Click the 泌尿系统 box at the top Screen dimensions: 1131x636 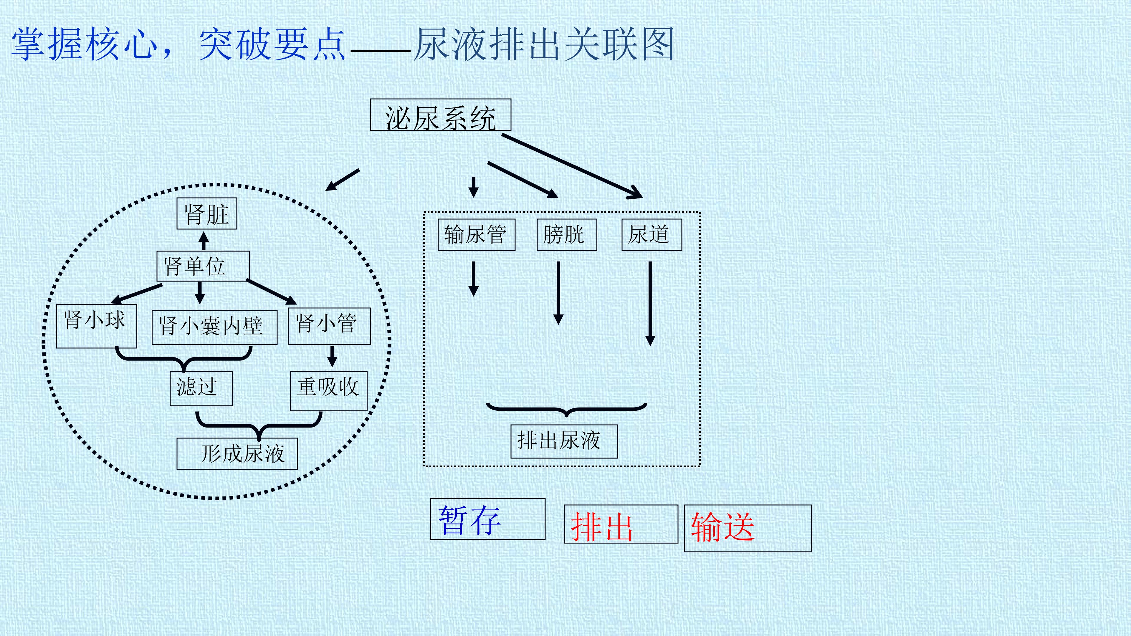pos(440,115)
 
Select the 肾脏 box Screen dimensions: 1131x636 pos(207,214)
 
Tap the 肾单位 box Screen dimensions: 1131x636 pos(203,266)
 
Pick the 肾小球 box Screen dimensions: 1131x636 pos(97,326)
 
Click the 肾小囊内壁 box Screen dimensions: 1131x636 pos(214,327)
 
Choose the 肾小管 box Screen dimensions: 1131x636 pos(329,326)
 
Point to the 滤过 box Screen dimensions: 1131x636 pos(201,388)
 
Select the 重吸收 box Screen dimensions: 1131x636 pos(328,391)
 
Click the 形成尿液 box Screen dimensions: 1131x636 pos(237,453)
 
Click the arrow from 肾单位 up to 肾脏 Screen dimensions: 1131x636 pos(203,241)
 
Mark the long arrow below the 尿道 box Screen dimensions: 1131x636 pos(650,304)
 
